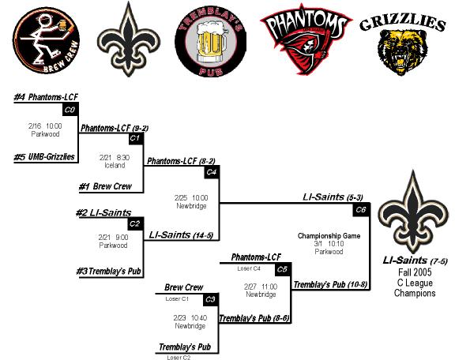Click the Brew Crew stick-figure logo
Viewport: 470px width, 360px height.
[46, 40]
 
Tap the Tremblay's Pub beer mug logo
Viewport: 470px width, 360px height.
[210, 43]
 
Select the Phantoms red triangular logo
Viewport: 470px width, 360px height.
[306, 39]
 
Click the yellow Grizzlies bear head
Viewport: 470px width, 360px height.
[401, 52]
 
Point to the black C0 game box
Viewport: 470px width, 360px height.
[70, 110]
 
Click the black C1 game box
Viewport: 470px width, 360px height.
[136, 139]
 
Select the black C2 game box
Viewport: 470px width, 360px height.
[136, 224]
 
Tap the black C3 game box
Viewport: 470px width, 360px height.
[211, 300]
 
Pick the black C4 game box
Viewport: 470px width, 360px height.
[212, 173]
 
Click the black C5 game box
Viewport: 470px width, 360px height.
[282, 270]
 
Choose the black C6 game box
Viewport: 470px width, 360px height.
[361, 210]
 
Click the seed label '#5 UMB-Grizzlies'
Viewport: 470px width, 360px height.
[44, 157]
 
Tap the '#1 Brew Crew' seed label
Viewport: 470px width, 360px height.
[105, 186]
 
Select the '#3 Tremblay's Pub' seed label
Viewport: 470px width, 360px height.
[108, 272]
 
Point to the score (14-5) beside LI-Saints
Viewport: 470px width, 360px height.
[203, 236]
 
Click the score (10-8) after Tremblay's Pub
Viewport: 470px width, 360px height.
[358, 284]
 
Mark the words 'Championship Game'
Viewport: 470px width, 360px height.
[329, 236]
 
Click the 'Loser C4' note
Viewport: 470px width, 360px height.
[249, 268]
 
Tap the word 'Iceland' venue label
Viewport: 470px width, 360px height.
[115, 165]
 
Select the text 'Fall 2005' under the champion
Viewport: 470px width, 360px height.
[415, 272]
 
